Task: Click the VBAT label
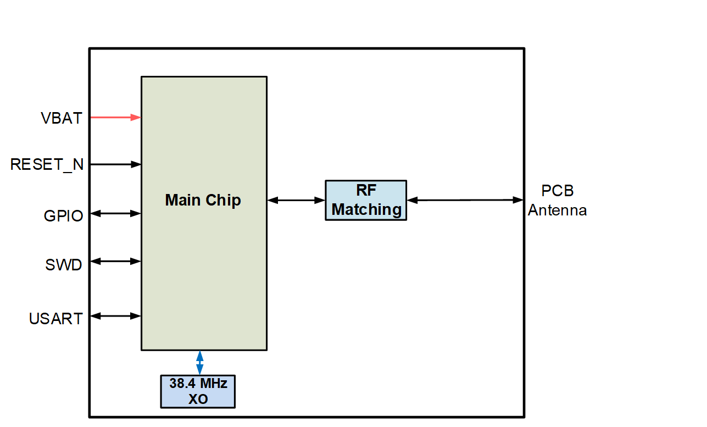click(61, 118)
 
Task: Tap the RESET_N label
click(47, 164)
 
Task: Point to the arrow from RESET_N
click(115, 164)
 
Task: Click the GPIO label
click(63, 215)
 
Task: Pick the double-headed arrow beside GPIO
click(115, 214)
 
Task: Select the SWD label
click(64, 265)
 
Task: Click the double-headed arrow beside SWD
click(115, 262)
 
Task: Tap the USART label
click(55, 319)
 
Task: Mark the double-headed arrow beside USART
click(115, 316)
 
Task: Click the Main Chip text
click(203, 200)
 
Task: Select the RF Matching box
click(366, 200)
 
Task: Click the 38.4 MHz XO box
click(198, 391)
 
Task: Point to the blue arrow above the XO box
click(200, 363)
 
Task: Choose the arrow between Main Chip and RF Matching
click(296, 201)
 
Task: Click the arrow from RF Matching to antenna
click(465, 200)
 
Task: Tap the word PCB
click(557, 191)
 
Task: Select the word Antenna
click(557, 210)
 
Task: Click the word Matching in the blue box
click(366, 209)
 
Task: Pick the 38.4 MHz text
click(198, 384)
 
